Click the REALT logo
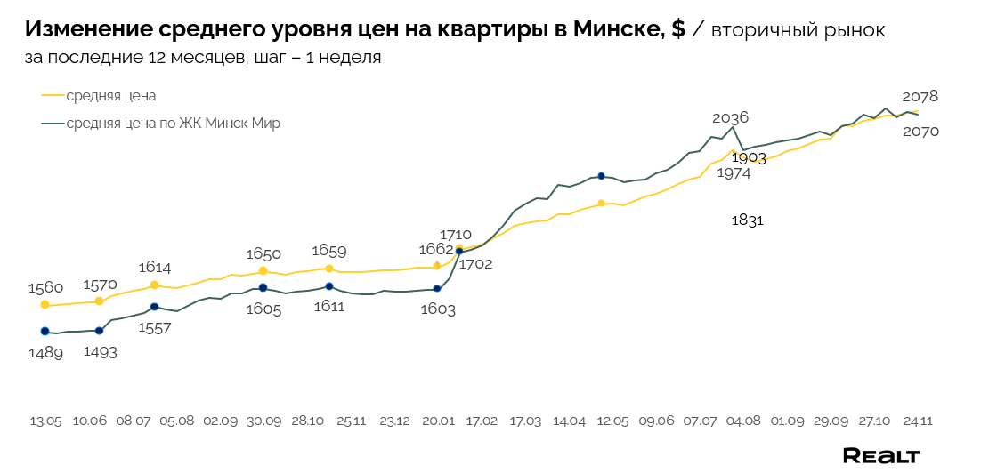point(881,455)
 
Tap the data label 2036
point(730,117)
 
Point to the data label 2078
point(920,96)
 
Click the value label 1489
point(45,353)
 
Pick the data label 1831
point(747,220)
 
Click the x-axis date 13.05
point(45,421)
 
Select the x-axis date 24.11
point(919,421)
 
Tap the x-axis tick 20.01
point(437,421)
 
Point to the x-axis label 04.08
point(743,421)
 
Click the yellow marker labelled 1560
point(45,305)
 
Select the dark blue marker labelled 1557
point(154,307)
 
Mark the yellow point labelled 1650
point(263,270)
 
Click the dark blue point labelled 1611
point(329,286)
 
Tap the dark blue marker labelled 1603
point(437,288)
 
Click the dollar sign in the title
point(678,29)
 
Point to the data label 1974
point(733,173)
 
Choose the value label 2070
point(920,132)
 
